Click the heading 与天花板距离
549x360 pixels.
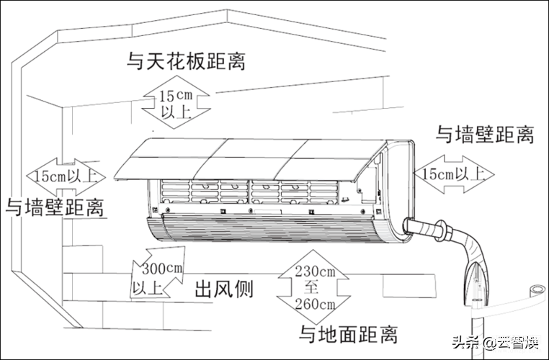(x=186, y=62)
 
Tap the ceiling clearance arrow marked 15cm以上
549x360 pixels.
(x=176, y=102)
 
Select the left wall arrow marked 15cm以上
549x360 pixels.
(x=66, y=177)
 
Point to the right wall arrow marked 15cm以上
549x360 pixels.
(x=454, y=174)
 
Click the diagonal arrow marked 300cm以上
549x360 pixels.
(x=159, y=272)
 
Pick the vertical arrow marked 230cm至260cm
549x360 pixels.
(x=314, y=287)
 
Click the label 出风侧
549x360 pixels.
(x=224, y=289)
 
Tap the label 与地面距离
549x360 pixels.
(x=349, y=335)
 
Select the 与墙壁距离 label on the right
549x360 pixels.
(x=485, y=135)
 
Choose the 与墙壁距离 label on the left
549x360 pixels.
(x=55, y=207)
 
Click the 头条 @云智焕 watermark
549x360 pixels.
(x=496, y=342)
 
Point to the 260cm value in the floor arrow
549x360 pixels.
(x=315, y=304)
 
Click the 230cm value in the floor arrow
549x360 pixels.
(x=315, y=271)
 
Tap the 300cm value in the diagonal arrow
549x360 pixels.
(x=162, y=269)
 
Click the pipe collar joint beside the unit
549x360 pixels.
(x=442, y=231)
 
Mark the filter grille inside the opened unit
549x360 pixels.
(x=249, y=192)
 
